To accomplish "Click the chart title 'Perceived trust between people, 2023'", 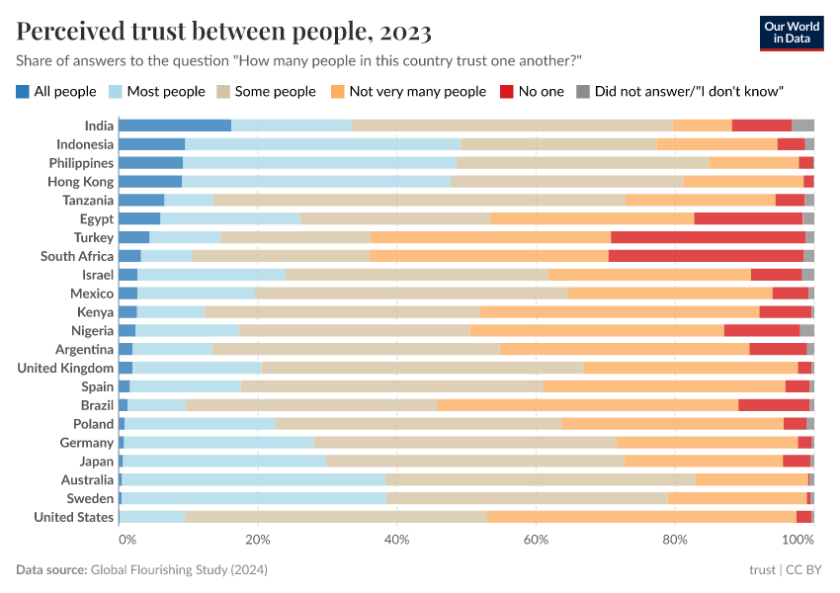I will tap(224, 32).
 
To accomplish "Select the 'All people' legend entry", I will tap(56, 92).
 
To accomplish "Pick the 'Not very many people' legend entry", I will tap(408, 92).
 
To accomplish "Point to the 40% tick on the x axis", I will tap(396, 540).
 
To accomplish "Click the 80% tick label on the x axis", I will tap(675, 540).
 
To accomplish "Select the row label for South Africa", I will tap(77, 256).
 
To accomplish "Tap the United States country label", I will tap(74, 517).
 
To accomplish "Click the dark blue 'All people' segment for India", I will tap(175, 126).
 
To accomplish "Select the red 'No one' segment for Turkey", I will tap(708, 237).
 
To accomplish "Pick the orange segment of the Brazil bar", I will tap(588, 405).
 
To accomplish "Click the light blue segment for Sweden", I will tap(254, 498).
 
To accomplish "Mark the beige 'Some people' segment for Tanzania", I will tap(420, 200).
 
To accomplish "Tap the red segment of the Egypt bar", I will tap(748, 218).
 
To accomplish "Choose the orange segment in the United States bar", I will tap(641, 517).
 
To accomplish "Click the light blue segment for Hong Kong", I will tap(316, 182).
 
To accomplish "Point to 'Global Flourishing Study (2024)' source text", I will tap(179, 570).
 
